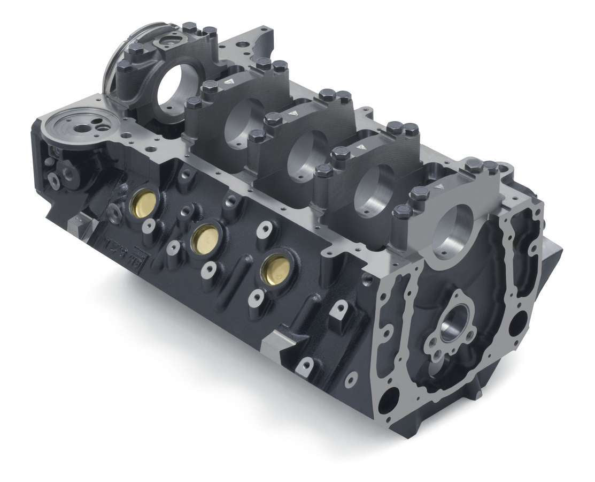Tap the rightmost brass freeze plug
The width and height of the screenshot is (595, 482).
pyautogui.click(x=276, y=268)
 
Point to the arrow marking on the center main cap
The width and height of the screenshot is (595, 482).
pyautogui.click(x=293, y=114)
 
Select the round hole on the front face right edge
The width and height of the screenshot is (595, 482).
pyautogui.click(x=517, y=323)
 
